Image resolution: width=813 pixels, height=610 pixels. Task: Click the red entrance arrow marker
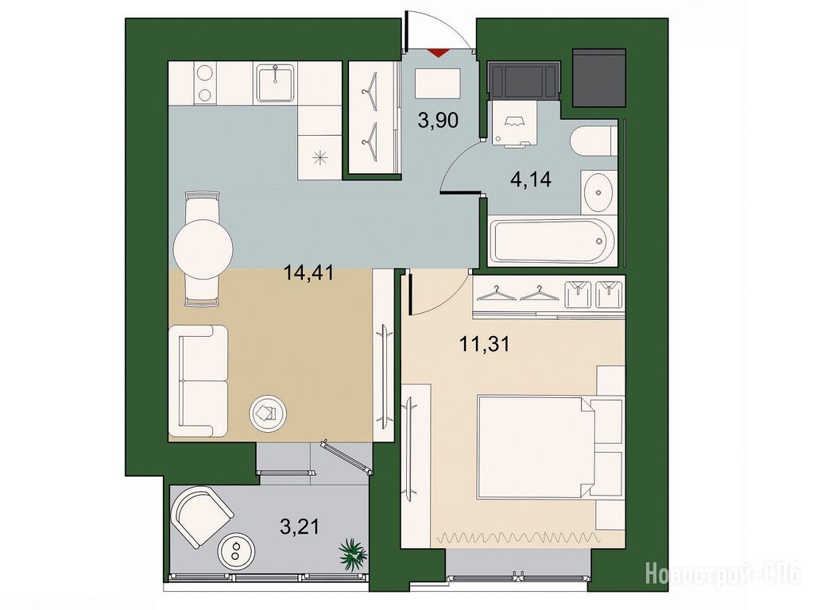[x=439, y=52]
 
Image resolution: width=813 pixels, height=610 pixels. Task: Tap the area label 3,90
[x=438, y=121]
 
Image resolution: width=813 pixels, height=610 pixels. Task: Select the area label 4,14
[x=530, y=180]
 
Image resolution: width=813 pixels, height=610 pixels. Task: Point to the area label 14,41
[x=308, y=272]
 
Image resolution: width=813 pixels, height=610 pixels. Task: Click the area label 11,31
[x=484, y=343]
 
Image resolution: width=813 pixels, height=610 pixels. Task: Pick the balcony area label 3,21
[x=299, y=527]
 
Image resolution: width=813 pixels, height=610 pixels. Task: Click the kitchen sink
[x=275, y=83]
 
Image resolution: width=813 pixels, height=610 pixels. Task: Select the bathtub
[x=552, y=241]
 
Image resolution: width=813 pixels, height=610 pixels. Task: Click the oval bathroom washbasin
[x=598, y=192]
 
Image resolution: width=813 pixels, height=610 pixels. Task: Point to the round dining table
[x=203, y=249]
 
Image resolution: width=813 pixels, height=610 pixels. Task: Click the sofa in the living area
[x=199, y=381]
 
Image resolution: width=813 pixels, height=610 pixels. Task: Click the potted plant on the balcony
[x=354, y=554]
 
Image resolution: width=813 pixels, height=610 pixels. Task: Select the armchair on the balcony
[x=202, y=515]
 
